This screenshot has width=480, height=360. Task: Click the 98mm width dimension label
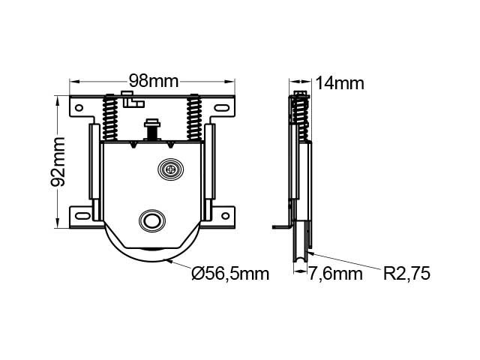pyautogui.click(x=153, y=81)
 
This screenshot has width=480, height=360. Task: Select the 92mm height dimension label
pyautogui.click(x=58, y=162)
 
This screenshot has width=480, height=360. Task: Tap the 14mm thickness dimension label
pyautogui.click(x=340, y=83)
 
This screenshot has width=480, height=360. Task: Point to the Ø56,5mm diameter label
pyautogui.click(x=230, y=273)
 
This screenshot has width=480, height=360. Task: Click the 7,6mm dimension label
pyautogui.click(x=335, y=273)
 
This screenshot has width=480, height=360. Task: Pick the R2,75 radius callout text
pyautogui.click(x=406, y=273)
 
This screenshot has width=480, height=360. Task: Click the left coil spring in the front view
pyautogui.click(x=110, y=118)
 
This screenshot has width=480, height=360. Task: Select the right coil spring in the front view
pyautogui.click(x=194, y=118)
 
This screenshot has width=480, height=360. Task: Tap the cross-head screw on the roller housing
pyautogui.click(x=171, y=169)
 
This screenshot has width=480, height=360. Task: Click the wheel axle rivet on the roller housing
pyautogui.click(x=152, y=220)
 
